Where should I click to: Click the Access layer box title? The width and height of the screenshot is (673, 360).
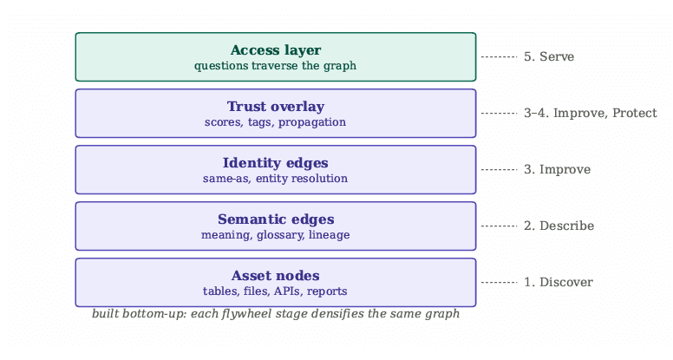276,50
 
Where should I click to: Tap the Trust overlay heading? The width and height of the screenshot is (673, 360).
276,107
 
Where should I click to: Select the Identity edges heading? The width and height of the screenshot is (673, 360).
276,163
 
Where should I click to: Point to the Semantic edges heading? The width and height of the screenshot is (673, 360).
276,219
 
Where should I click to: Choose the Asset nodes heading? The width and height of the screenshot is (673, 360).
276,276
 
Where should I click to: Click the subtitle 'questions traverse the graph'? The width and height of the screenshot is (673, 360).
275,66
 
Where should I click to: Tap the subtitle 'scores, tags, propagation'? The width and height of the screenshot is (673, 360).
275,122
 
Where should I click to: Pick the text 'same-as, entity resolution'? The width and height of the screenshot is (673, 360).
275,179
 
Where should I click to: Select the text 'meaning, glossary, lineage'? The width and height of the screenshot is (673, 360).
275,235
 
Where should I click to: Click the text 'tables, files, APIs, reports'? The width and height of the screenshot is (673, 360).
275,291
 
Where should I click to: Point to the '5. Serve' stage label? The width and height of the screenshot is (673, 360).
549,56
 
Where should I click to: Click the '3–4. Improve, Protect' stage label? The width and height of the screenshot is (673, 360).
590,113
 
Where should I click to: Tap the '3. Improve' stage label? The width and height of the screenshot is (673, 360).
557,169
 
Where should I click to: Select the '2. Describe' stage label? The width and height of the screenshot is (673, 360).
559,226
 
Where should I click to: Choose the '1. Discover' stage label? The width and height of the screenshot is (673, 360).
559,282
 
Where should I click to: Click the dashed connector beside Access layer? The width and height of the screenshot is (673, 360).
500,56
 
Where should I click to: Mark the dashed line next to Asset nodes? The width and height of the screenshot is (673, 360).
500,282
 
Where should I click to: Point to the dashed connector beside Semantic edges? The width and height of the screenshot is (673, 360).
500,226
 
